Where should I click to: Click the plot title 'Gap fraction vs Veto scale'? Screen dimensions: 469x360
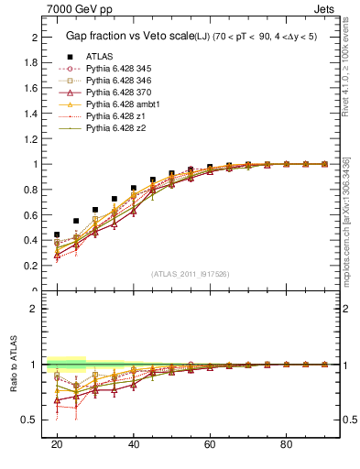coord(123,36)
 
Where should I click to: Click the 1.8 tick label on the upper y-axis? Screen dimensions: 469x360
coord(31,62)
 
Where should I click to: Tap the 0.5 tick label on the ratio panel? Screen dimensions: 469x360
coord(31,420)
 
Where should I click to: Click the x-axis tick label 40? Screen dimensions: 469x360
coord(134,443)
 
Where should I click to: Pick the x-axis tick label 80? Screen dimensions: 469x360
coord(287,443)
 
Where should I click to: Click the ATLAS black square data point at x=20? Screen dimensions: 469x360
coord(57,234)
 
